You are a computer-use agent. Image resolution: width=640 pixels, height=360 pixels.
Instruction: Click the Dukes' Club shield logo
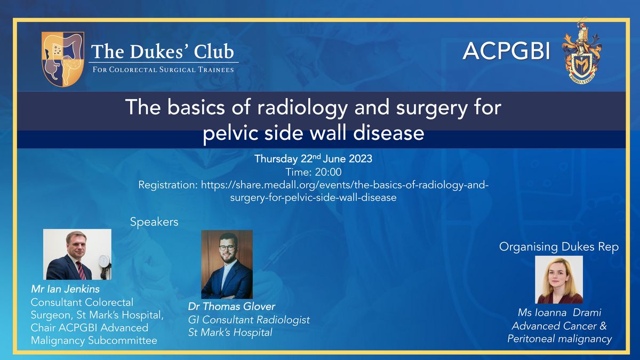coord(63,59)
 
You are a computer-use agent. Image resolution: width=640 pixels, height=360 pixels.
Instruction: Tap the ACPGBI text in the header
coord(506,51)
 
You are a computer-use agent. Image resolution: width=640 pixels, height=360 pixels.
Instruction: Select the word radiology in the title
coord(302,108)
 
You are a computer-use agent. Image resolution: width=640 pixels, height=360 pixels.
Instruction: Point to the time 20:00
coord(328,172)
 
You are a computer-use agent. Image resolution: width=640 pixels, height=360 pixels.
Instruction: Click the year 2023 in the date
coord(360,159)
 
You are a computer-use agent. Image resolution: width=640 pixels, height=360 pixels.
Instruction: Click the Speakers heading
coord(154,222)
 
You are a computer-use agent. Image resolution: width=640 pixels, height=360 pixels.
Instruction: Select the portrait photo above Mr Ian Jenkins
coord(77,254)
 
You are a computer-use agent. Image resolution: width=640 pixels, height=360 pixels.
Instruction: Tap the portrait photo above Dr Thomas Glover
coord(227,265)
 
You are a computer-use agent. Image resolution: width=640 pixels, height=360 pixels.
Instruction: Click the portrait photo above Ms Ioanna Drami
coord(559,279)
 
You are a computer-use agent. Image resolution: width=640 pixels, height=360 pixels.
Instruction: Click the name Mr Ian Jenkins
coord(65,289)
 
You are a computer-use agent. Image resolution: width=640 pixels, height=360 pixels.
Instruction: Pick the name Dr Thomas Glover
coord(231,307)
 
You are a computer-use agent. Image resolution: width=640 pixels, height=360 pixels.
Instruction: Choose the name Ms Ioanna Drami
coord(559,313)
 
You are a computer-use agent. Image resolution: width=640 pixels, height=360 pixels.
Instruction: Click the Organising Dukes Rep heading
coord(559,247)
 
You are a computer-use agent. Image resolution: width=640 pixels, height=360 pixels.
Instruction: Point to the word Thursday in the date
coord(276,159)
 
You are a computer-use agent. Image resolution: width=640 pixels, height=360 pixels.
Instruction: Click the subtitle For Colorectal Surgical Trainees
coord(163,69)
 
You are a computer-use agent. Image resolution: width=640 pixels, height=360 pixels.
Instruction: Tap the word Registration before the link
coord(168,186)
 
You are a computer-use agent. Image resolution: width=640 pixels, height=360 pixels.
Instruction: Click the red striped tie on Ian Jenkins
coord(81,270)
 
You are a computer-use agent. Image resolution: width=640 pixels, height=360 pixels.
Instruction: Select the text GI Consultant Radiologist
coord(249,320)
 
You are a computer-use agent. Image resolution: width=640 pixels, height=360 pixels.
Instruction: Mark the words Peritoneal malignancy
coord(559,339)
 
